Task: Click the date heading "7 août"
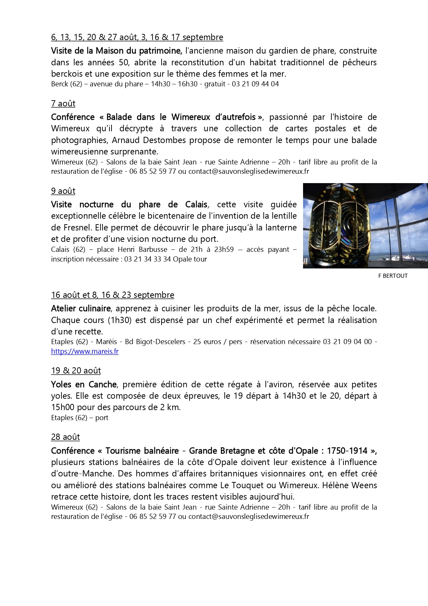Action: point(63,104)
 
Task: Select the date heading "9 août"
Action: point(63,191)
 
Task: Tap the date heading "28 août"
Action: point(65,437)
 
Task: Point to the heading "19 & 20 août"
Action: point(76,371)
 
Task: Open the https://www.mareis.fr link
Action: point(85,351)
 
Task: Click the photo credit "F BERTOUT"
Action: point(393,276)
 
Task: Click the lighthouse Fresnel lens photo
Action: point(365,226)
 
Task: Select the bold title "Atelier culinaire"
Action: point(81,308)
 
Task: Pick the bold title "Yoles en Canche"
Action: point(84,384)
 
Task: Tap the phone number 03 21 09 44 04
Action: point(255,84)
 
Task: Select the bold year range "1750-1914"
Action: point(347,451)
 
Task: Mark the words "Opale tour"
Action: point(190,259)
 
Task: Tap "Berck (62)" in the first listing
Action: point(67,84)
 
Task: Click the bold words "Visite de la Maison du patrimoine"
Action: point(116,51)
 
